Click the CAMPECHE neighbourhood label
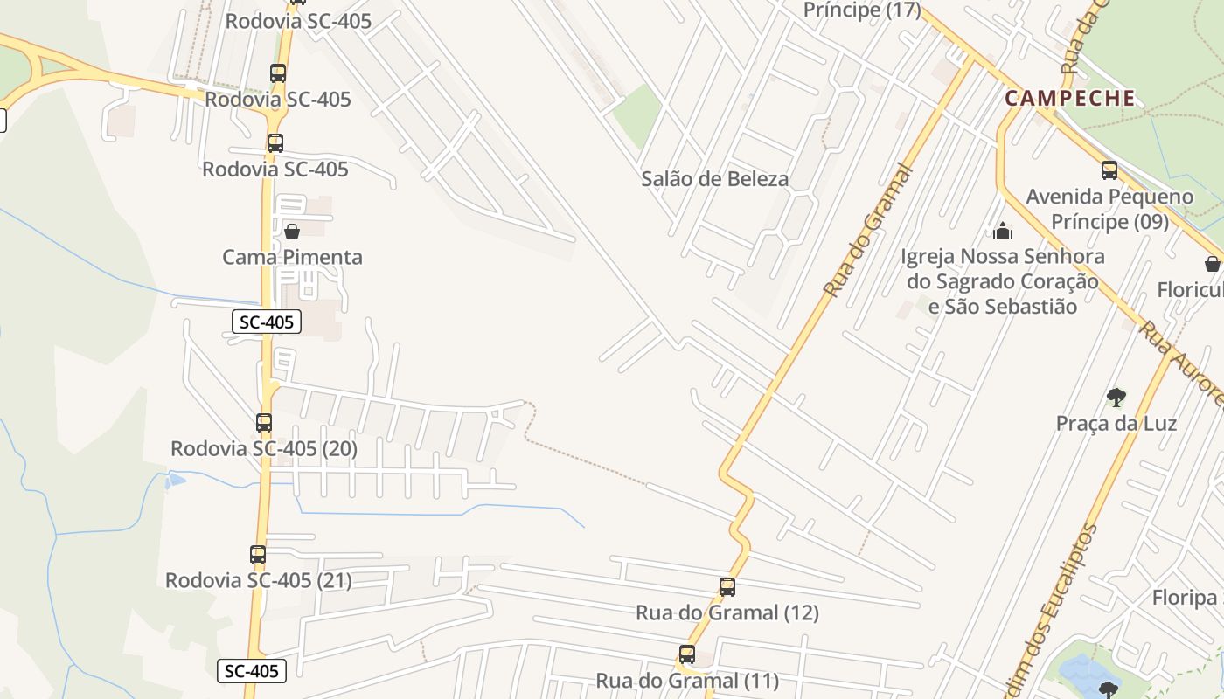1070,98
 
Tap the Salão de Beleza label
714,179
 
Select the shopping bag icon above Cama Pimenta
292,232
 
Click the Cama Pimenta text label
292,257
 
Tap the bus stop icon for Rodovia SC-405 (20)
264,423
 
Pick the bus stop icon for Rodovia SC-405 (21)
258,554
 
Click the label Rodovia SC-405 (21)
259,580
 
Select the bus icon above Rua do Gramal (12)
727,587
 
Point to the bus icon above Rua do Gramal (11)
687,654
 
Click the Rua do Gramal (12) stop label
727,613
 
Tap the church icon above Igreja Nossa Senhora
1003,231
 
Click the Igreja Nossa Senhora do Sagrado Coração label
1003,281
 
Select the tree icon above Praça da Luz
1116,398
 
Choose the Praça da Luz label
1116,424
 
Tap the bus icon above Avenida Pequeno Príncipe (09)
1109,170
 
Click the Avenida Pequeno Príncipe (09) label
1109,209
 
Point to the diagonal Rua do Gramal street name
869,232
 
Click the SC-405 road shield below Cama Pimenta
268,322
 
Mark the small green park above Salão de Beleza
637,114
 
